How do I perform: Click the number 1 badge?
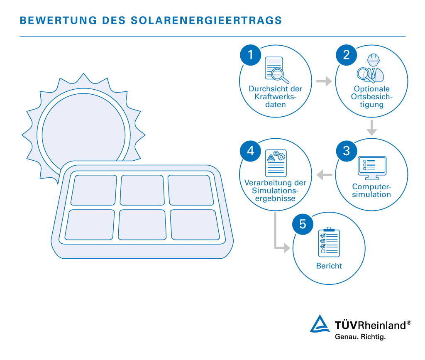250,55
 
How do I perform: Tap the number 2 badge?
346,55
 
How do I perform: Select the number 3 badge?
346,151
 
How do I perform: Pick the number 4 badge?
250,151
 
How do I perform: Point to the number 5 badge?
303,225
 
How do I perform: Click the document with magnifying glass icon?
276,70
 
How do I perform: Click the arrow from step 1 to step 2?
324,81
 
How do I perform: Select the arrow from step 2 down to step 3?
372,127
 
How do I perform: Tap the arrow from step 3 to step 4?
325,176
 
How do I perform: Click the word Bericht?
329,266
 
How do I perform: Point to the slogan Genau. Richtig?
360,337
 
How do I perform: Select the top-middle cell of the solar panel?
142,190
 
